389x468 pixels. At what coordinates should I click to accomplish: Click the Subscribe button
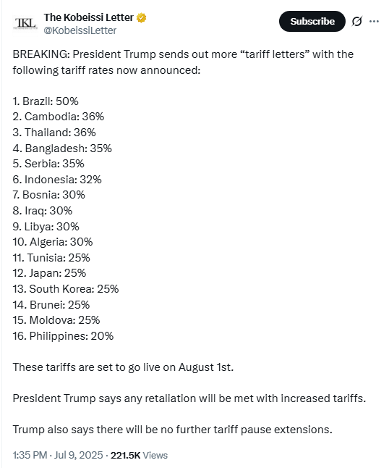coord(312,22)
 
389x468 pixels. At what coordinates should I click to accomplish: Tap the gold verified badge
coord(142,18)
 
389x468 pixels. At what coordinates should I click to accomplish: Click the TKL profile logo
coord(25,23)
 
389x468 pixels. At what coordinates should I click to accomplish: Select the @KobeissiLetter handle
coord(80,30)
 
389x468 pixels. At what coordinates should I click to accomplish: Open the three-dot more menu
coord(374,22)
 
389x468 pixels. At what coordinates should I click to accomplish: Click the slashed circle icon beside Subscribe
coord(357,22)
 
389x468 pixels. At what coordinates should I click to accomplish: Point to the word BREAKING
coord(41,54)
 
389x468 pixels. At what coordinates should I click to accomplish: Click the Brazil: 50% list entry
coord(46,101)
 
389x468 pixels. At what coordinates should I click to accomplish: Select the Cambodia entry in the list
coord(59,117)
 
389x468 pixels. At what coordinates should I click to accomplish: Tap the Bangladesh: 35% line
coord(62,148)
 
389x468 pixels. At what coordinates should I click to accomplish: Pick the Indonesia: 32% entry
coord(57,180)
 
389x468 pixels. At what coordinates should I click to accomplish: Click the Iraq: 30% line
coord(43,211)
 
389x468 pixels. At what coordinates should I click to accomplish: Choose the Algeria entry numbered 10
coord(53,242)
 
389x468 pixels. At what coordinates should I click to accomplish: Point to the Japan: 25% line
coord(49,273)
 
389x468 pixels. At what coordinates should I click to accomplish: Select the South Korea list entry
coord(66,289)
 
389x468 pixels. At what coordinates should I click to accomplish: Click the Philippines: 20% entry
coord(63,335)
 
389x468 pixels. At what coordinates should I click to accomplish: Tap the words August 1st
coord(205,367)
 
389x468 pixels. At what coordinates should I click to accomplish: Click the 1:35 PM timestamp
coord(30,455)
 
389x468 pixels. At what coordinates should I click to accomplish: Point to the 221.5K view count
coord(125,455)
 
